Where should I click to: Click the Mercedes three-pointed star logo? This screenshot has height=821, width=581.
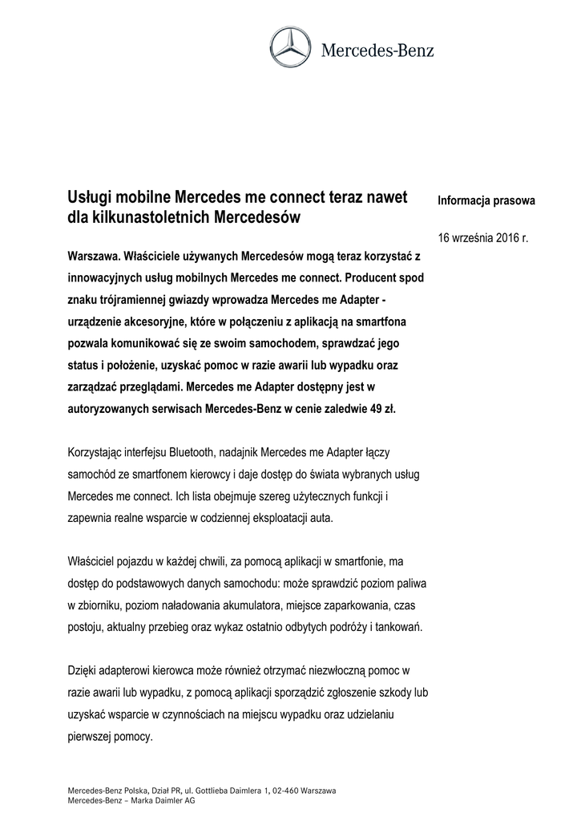[x=290, y=51]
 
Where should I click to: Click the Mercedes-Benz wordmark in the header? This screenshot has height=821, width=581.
[x=377, y=51]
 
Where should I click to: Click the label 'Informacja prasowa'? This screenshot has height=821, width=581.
[x=486, y=200]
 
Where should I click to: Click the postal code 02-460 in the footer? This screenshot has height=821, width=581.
[x=290, y=791]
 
